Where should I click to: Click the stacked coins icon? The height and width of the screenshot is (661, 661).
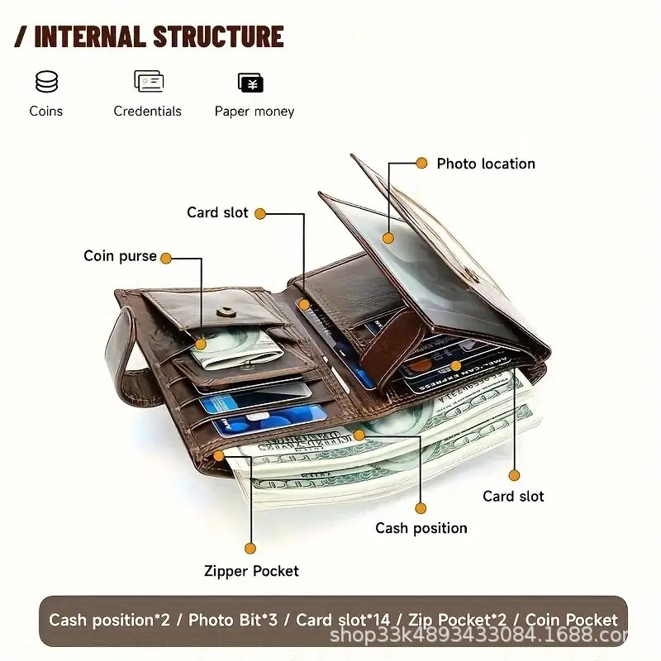46,81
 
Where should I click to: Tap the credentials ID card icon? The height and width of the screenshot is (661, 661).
149,81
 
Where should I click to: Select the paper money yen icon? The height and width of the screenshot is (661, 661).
251,83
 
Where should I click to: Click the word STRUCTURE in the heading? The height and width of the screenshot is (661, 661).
218,36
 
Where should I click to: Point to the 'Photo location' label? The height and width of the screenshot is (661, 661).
486,164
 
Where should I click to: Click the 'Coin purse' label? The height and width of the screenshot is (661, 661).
120,256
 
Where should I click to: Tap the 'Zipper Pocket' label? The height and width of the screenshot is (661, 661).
251,571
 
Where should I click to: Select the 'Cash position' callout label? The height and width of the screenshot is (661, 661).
421,528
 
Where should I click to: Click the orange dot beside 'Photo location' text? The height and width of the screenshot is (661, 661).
421,163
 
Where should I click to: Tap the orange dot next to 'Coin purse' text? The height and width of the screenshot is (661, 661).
166,259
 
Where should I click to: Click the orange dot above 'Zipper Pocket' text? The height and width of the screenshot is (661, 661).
250,549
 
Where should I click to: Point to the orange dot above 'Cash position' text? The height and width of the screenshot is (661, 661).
421,508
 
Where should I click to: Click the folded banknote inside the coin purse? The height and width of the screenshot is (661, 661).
235,347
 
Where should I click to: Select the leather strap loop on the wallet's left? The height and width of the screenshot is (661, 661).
123,359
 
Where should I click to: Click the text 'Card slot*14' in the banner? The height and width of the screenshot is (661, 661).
343,621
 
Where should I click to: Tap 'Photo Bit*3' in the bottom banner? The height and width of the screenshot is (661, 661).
233,621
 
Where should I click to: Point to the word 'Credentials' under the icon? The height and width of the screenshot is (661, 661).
148,112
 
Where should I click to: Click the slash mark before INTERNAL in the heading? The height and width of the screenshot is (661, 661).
21,36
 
